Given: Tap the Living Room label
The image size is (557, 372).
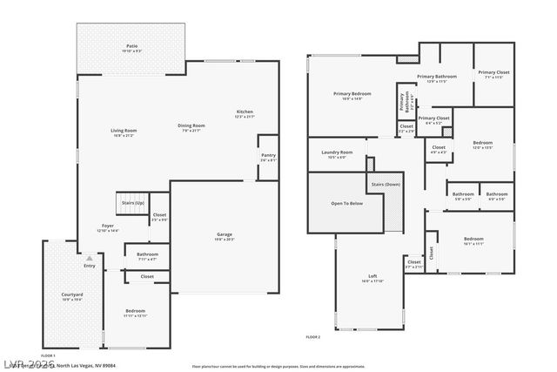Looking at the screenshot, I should [124, 132].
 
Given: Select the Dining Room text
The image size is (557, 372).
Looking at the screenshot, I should [191, 126].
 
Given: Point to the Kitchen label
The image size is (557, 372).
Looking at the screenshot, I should [245, 113].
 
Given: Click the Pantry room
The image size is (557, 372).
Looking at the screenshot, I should [268, 158].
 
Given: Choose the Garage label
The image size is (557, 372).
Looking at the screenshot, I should [225, 236].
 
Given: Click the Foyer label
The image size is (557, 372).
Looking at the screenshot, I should [108, 227].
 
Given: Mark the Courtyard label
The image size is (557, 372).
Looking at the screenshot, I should [71, 296].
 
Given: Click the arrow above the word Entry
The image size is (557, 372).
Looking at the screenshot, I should [89, 258].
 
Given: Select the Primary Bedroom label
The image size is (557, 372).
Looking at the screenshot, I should [352, 95].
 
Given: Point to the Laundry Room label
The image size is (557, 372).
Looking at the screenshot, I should [336, 153].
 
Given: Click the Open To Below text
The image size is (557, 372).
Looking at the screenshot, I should [346, 202].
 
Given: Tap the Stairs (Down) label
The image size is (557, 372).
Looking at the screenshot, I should [386, 185].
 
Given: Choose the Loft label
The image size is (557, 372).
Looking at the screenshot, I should [372, 278].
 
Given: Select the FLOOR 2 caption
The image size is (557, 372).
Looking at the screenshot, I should [313, 336].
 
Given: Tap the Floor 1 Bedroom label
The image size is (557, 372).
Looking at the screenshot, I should [135, 312].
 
